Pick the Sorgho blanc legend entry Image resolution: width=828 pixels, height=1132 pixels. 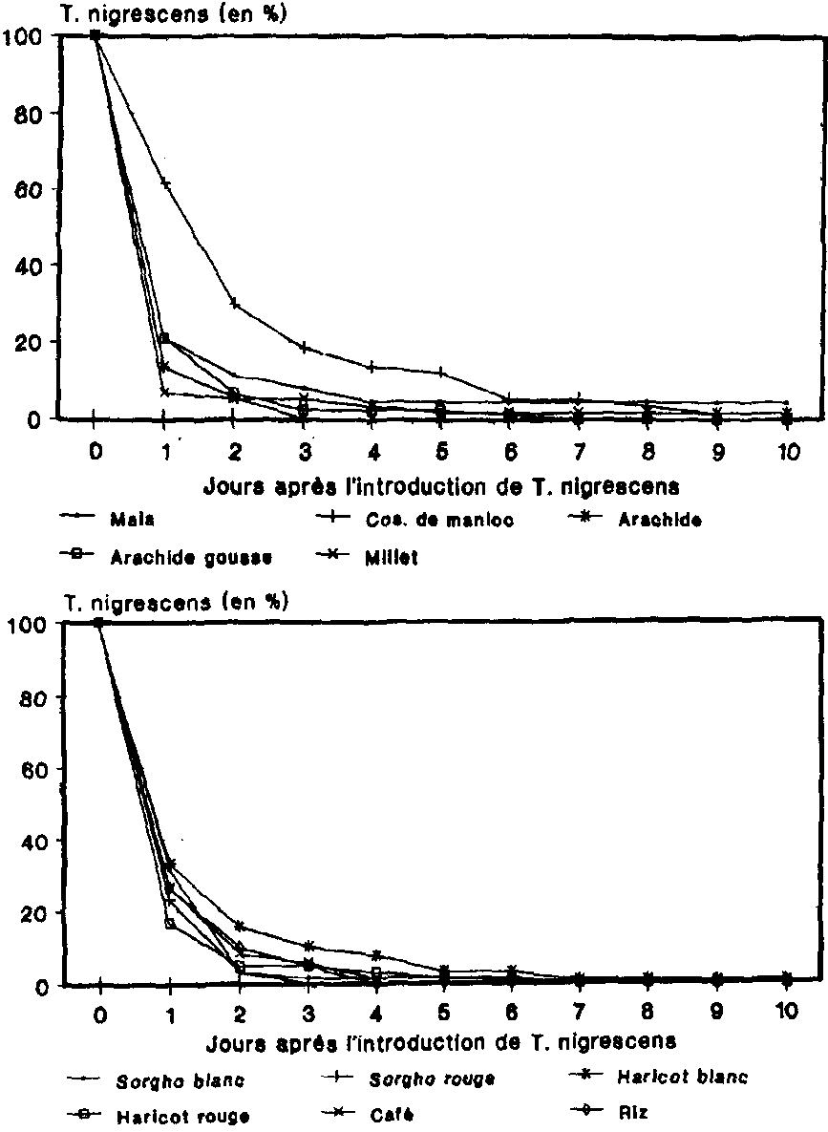(x=180, y=1081)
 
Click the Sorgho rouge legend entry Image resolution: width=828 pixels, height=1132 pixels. (x=432, y=1079)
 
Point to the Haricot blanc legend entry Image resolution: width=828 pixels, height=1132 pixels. (x=680, y=1078)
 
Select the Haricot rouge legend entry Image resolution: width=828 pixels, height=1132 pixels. (x=181, y=1116)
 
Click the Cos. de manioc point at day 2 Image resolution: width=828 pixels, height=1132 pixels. (x=235, y=304)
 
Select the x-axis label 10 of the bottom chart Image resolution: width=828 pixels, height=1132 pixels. (x=785, y=1011)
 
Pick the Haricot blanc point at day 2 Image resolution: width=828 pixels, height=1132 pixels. (x=240, y=927)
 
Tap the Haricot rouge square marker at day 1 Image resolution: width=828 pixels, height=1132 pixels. (x=170, y=924)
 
